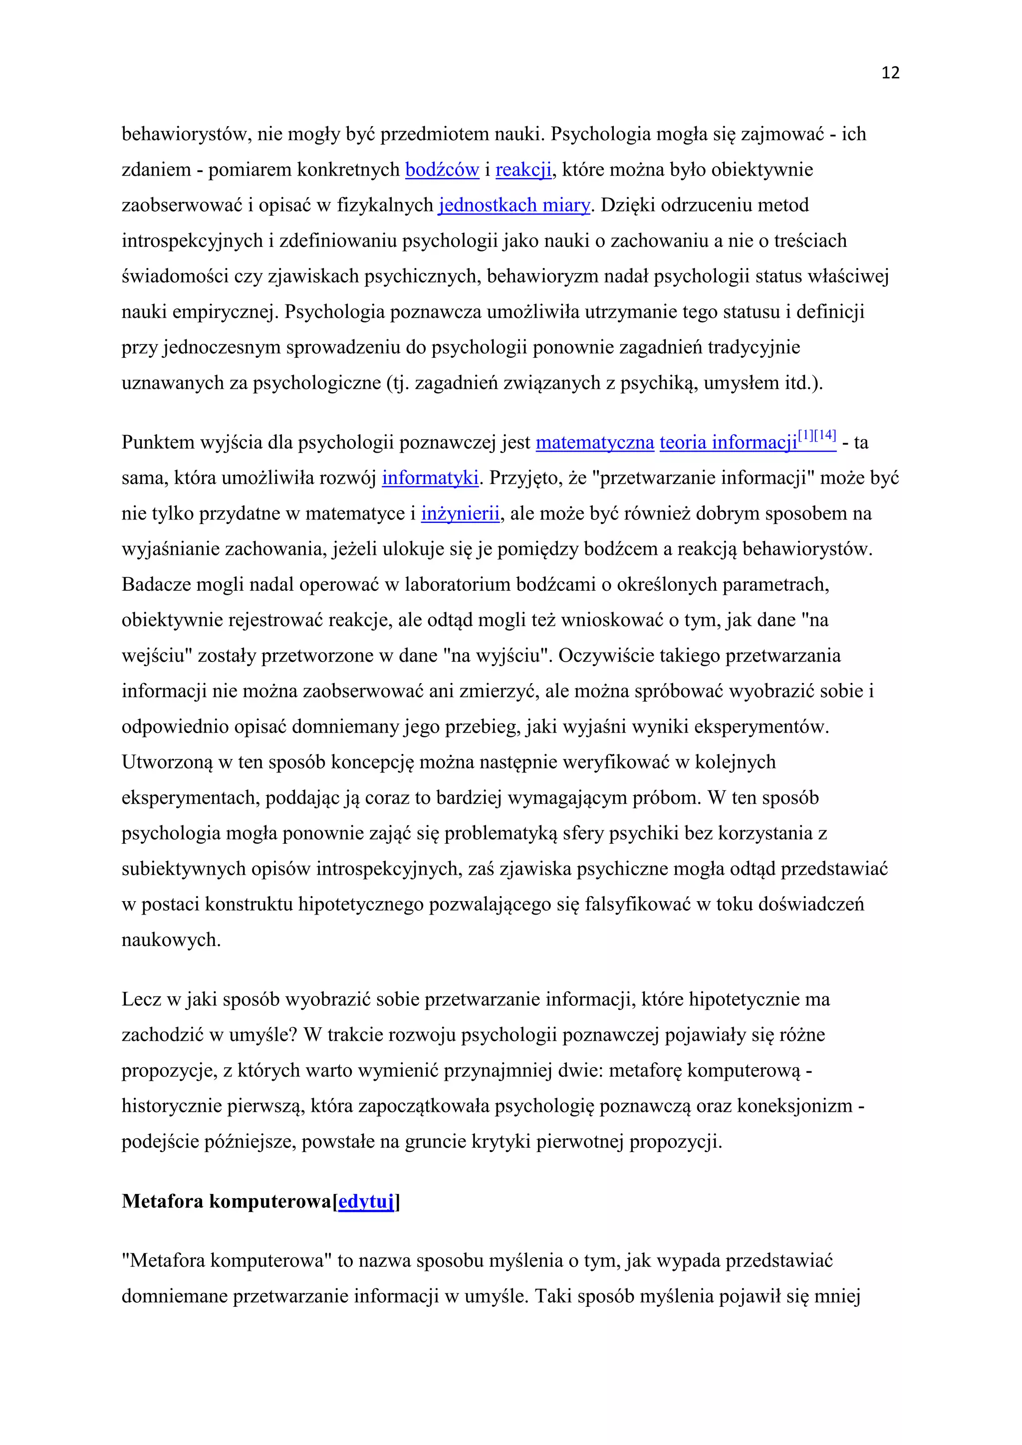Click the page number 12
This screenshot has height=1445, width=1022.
tap(890, 73)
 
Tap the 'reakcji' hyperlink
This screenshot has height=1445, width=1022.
tap(523, 170)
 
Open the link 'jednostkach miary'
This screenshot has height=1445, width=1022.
tap(514, 205)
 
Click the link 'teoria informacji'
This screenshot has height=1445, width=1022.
tap(728, 443)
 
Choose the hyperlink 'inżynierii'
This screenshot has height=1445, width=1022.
tap(460, 514)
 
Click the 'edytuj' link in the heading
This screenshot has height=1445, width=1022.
tap(366, 1202)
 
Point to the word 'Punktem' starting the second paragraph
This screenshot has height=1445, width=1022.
tap(158, 443)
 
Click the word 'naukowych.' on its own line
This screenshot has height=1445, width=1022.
tap(171, 940)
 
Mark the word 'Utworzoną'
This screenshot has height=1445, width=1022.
tap(167, 763)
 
